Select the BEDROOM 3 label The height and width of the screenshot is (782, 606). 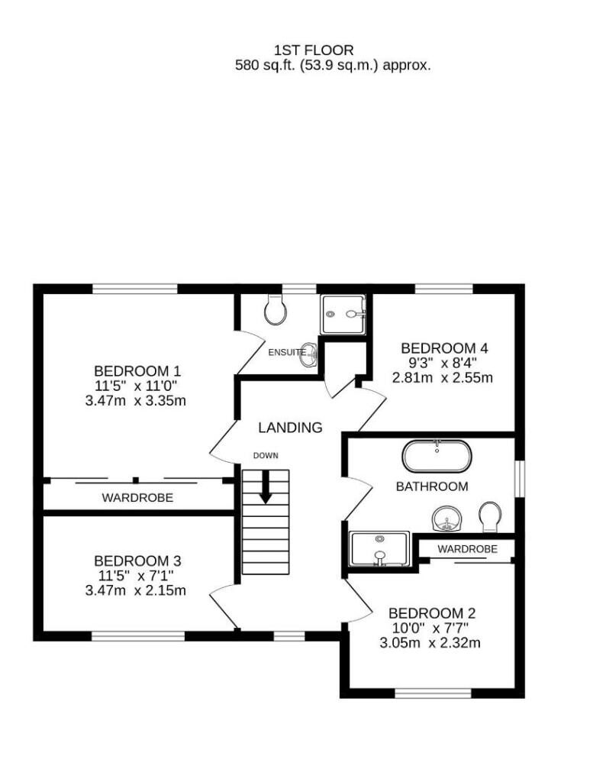(137, 561)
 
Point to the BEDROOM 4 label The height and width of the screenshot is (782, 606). (444, 348)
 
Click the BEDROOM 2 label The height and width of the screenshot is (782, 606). (432, 613)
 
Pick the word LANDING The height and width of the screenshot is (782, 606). (290, 428)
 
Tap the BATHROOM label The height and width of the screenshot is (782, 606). (431, 486)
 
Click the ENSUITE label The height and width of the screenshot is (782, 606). (287, 352)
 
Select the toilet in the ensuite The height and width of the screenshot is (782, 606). (274, 311)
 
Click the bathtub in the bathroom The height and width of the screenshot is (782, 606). (437, 457)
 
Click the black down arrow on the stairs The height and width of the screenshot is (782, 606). (266, 487)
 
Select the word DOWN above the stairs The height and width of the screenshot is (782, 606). (266, 456)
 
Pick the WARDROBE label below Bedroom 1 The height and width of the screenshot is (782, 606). (137, 498)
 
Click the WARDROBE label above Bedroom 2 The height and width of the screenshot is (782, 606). (468, 549)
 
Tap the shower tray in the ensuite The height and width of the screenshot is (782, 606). (343, 314)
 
